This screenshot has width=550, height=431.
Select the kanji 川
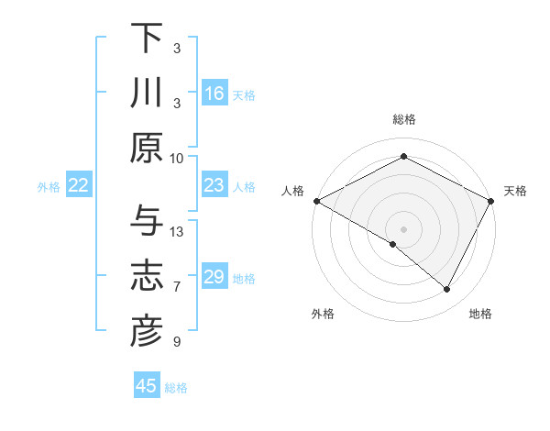click(147, 94)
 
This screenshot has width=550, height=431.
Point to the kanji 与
click(147, 220)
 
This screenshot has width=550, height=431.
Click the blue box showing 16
click(214, 94)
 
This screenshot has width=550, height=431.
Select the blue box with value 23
click(214, 186)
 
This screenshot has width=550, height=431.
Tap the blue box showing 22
click(79, 186)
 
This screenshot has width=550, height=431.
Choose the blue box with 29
click(214, 277)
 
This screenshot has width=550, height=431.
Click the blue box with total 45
click(147, 386)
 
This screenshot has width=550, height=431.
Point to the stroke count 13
click(178, 231)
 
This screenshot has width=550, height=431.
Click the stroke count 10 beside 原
click(177, 158)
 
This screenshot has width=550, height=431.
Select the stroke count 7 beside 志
click(177, 287)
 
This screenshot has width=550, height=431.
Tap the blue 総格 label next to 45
click(176, 388)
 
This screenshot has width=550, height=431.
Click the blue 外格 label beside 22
click(49, 187)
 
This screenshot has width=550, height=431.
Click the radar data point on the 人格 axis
click(316, 201)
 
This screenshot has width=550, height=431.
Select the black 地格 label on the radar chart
click(480, 315)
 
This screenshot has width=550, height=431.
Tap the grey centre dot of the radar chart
click(403, 228)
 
